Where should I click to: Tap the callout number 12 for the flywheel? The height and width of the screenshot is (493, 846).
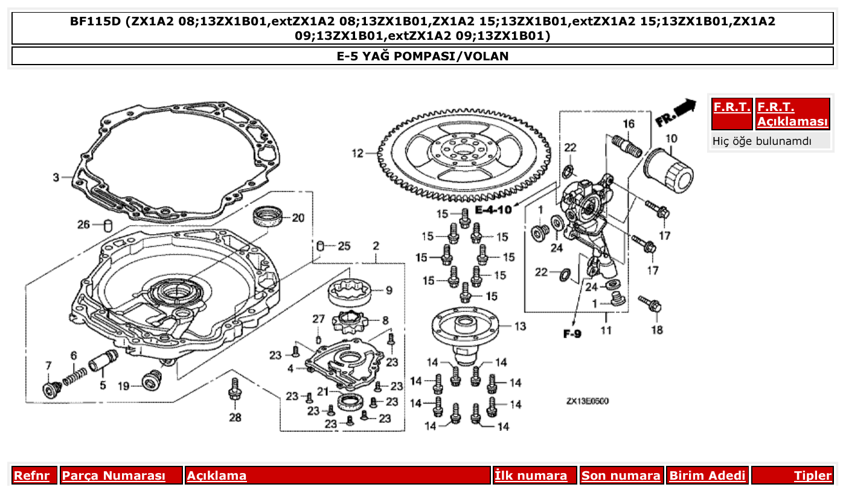click(359, 153)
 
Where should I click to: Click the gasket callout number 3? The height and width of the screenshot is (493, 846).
click(56, 177)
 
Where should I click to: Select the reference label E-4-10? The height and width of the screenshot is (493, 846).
click(493, 210)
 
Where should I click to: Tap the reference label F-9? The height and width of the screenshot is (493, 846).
click(572, 333)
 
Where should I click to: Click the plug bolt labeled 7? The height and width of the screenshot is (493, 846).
click(50, 389)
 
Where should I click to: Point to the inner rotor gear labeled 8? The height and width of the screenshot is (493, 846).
click(351, 323)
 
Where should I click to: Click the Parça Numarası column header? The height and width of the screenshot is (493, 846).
click(114, 476)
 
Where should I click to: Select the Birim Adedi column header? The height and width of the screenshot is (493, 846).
click(707, 476)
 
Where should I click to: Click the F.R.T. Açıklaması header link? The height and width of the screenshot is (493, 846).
click(792, 114)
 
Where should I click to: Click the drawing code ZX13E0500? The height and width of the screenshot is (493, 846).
click(587, 401)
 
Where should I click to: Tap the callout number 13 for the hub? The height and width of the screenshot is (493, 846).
click(520, 326)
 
